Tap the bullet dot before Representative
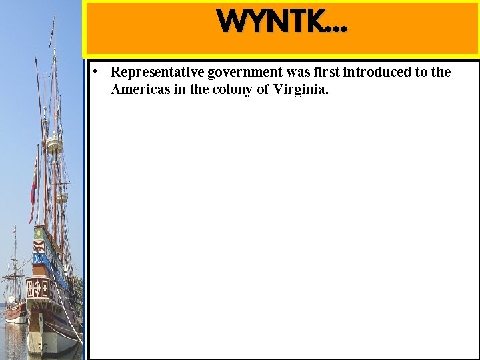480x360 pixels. [x=96, y=71]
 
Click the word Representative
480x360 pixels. [x=157, y=72]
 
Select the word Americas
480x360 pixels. [x=137, y=89]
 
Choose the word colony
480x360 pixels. [x=232, y=90]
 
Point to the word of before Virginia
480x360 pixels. [x=263, y=89]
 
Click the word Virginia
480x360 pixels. [x=301, y=90]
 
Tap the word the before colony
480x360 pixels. [x=199, y=89]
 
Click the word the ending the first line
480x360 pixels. [x=441, y=72]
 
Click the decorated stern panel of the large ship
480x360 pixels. [x=37, y=287]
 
